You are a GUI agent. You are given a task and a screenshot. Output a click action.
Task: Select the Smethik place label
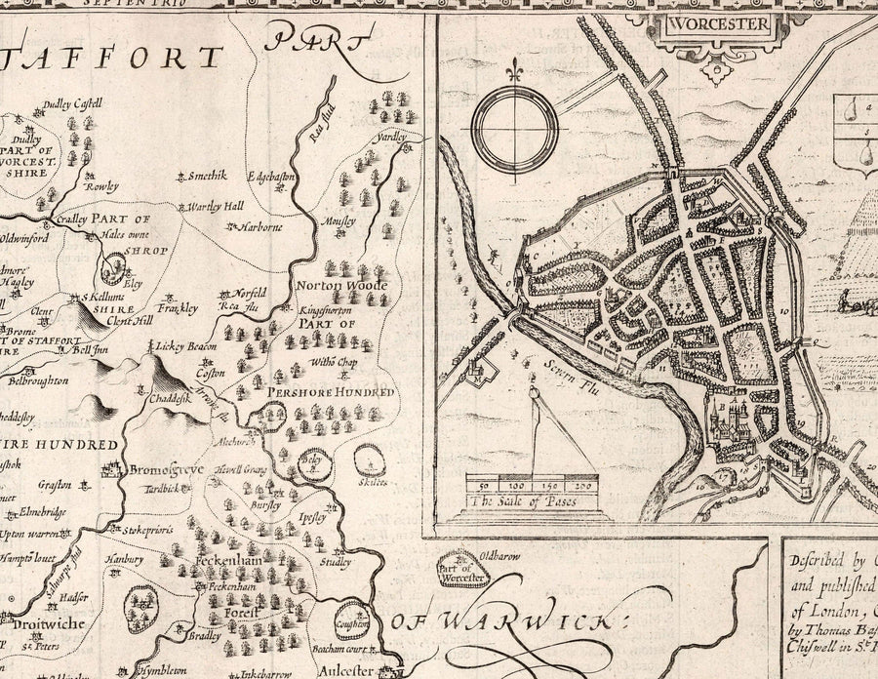tap(207, 176)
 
